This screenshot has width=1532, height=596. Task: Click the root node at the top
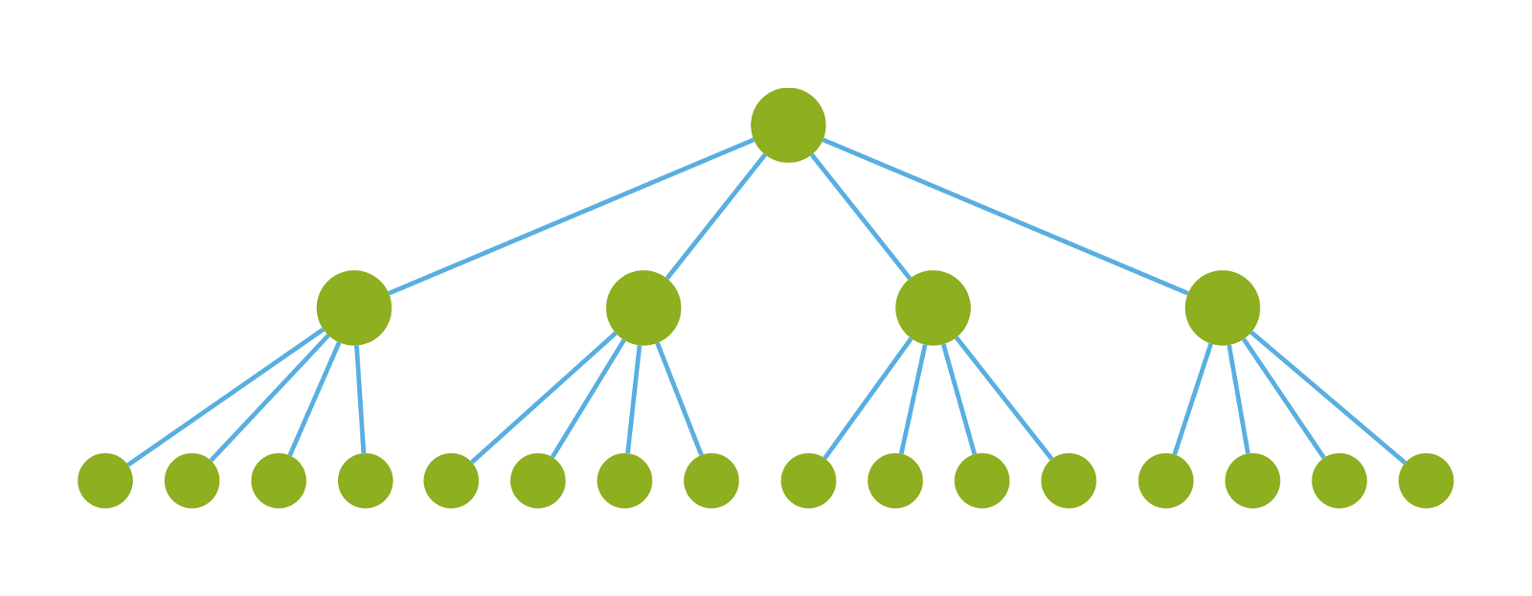(x=788, y=125)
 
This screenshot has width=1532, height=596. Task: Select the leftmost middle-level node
(x=354, y=308)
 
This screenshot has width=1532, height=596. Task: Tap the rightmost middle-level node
(x=1222, y=308)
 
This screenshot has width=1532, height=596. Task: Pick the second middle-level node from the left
(x=643, y=308)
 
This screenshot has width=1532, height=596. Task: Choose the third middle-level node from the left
(x=933, y=308)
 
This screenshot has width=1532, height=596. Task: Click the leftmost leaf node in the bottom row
(x=105, y=480)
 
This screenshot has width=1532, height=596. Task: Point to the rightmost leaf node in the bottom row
(x=1426, y=480)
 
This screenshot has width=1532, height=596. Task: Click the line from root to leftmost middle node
(x=571, y=217)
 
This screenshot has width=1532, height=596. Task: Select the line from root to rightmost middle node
(x=1005, y=217)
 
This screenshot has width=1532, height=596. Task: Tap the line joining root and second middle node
(x=716, y=217)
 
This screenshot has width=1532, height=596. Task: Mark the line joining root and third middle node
(x=861, y=217)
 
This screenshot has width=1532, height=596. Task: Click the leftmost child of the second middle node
(x=451, y=480)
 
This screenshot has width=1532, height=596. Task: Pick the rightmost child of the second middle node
(x=711, y=480)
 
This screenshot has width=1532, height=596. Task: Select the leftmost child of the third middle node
(x=808, y=480)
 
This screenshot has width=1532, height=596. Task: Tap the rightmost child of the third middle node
(x=1069, y=480)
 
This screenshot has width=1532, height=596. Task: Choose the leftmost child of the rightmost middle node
(x=1165, y=480)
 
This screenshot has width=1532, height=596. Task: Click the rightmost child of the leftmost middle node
(x=365, y=480)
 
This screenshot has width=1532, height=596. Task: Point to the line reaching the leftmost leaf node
(x=226, y=397)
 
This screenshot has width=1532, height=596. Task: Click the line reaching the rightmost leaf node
(x=1328, y=398)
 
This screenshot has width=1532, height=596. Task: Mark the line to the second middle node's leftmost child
(x=544, y=397)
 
